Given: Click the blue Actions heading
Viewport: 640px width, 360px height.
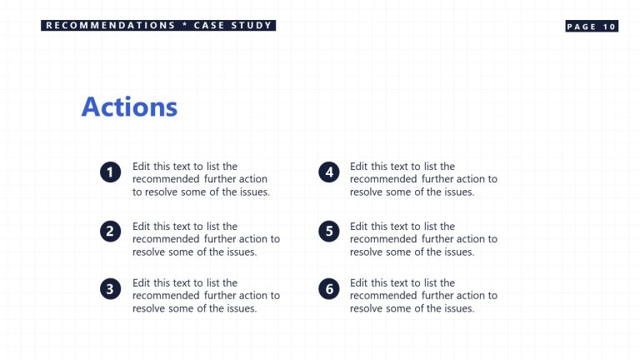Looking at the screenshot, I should tap(129, 107).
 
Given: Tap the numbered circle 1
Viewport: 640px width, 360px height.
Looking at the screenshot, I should tap(110, 172).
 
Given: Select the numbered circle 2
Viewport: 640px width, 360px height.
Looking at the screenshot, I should tap(110, 232).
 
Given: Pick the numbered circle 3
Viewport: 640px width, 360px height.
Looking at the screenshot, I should tap(110, 289).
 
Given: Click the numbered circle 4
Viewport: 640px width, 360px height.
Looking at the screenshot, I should tap(330, 172).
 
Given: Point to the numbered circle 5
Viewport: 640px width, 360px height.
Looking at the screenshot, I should tap(330, 232).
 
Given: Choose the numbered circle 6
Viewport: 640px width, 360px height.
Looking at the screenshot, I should tap(330, 289).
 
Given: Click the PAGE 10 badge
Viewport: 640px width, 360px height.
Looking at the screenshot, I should tap(592, 27).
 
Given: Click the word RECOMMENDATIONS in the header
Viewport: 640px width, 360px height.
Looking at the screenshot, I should tap(111, 26).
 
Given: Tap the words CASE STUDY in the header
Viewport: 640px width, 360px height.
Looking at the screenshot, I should tap(232, 26).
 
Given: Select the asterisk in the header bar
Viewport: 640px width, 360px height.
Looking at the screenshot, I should tap(184, 26).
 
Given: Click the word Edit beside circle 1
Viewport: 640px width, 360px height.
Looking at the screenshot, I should tap(142, 167).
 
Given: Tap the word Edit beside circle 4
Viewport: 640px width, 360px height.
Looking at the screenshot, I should tap(359, 167).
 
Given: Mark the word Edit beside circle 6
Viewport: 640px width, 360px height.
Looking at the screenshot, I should tap(359, 282).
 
